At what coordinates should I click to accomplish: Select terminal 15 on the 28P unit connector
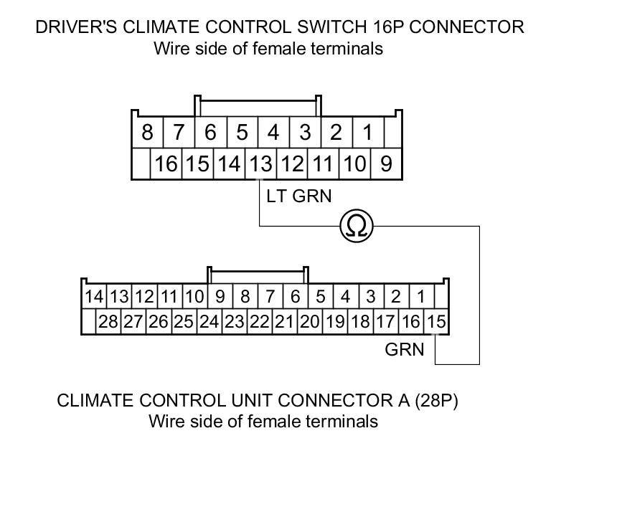pyautogui.click(x=436, y=321)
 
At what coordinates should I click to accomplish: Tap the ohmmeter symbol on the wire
pyautogui.click(x=357, y=227)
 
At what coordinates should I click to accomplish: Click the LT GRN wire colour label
pyautogui.click(x=299, y=195)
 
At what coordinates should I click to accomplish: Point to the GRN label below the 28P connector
pyautogui.click(x=405, y=350)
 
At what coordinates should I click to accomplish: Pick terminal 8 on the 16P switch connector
pyautogui.click(x=147, y=133)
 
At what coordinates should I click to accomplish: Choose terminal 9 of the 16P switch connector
pyautogui.click(x=386, y=164)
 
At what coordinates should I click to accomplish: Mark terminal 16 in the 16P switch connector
pyautogui.click(x=165, y=164)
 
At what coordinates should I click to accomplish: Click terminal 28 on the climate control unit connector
pyautogui.click(x=108, y=321)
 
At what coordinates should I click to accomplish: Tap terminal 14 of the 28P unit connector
pyautogui.click(x=94, y=296)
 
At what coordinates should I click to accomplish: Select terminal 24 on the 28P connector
pyautogui.click(x=209, y=321)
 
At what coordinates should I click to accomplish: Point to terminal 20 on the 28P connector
pyautogui.click(x=309, y=321)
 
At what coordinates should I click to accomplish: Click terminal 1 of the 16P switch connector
pyautogui.click(x=367, y=133)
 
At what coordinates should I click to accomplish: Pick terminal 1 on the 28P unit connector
pyautogui.click(x=421, y=296)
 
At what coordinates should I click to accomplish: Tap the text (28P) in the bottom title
pyautogui.click(x=435, y=400)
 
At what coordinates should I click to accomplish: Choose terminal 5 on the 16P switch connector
pyautogui.click(x=242, y=133)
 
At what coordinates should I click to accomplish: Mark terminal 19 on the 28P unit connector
pyautogui.click(x=335, y=321)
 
